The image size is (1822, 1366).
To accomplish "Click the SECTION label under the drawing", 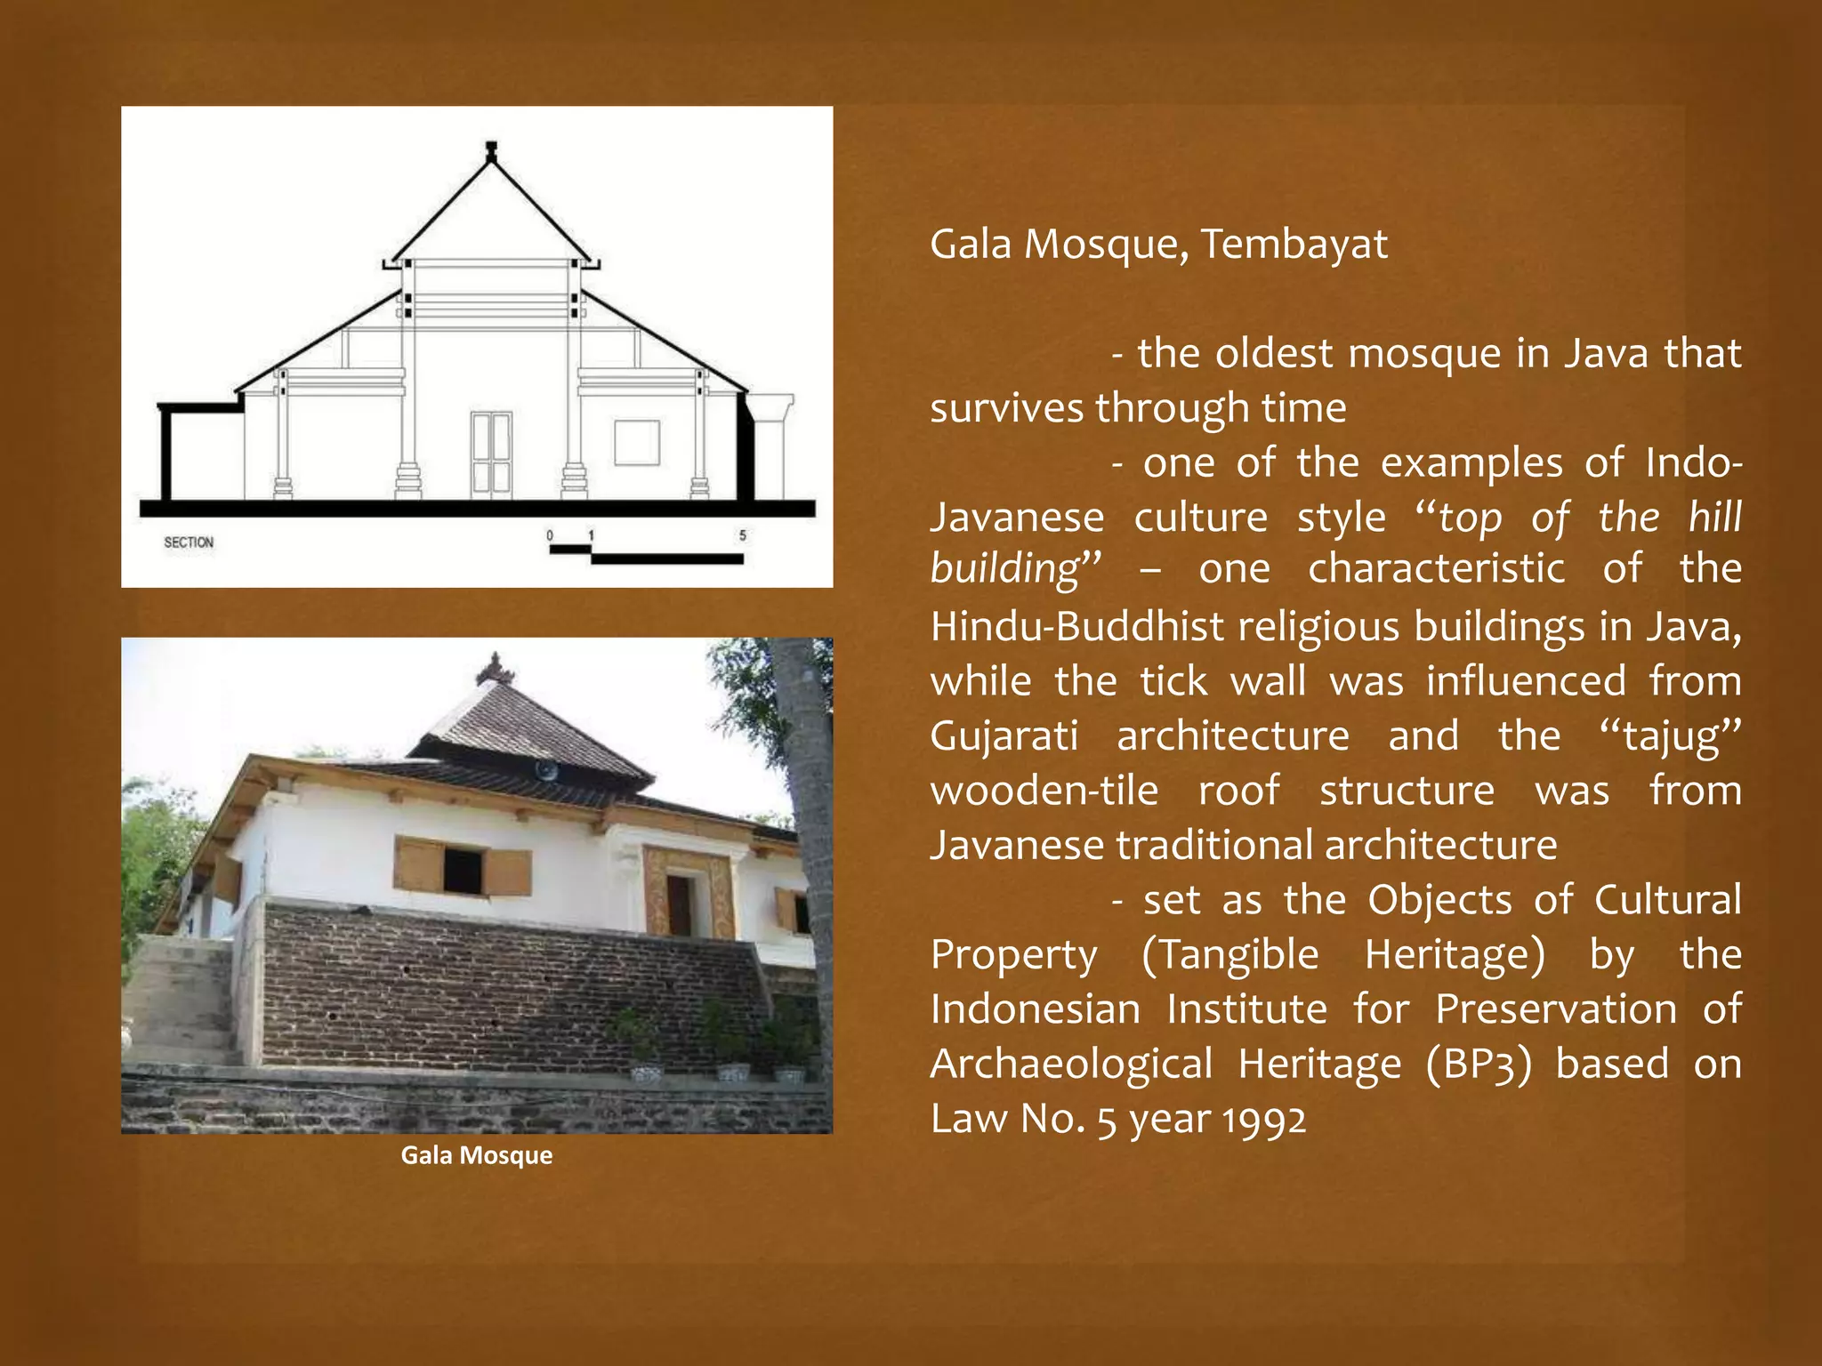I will (189, 542).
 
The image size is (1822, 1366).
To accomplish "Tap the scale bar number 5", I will (742, 535).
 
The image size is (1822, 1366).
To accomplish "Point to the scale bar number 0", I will (550, 535).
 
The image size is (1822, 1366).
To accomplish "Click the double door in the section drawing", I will (491, 454).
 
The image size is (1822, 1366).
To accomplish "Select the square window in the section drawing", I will (637, 442).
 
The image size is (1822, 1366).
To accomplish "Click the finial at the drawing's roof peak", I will (490, 152).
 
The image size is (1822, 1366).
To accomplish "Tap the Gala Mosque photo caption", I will (477, 1155).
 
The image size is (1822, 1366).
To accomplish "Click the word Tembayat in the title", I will (1294, 244).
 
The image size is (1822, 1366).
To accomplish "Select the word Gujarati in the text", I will (1004, 736).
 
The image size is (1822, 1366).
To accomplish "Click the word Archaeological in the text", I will (1071, 1064).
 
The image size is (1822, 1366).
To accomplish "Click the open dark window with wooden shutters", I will (464, 870).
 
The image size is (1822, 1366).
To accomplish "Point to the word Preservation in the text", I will (1556, 1009).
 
